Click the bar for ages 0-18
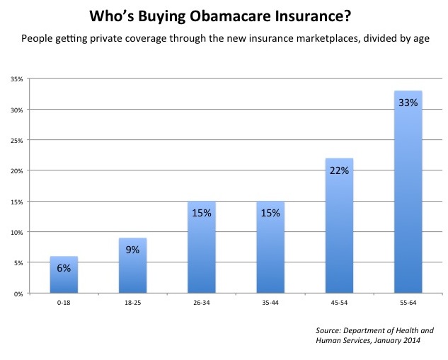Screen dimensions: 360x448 (x=64, y=276)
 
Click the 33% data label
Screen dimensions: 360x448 (x=408, y=103)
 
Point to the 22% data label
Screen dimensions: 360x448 (x=339, y=170)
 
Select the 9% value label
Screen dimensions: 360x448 (x=132, y=249)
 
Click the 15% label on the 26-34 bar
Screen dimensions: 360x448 (x=201, y=212)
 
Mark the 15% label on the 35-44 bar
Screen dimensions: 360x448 (x=270, y=212)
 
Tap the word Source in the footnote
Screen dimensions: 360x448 (x=329, y=330)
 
